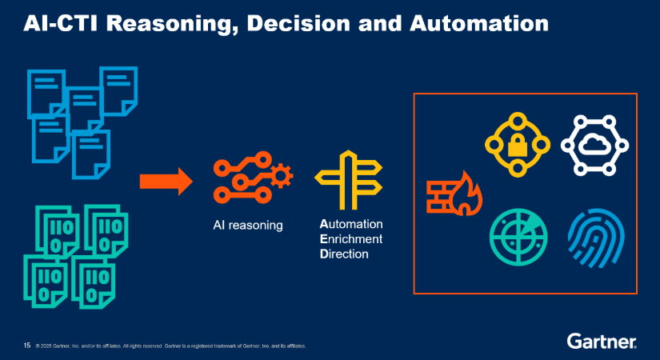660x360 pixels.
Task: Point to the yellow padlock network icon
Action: pyautogui.click(x=518, y=145)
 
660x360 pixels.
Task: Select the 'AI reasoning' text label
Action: pyautogui.click(x=248, y=226)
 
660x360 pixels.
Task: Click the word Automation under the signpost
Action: pyautogui.click(x=351, y=224)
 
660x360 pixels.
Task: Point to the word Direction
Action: pyautogui.click(x=346, y=254)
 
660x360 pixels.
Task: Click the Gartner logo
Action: pyautogui.click(x=602, y=342)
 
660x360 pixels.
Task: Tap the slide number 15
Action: pyautogui.click(x=26, y=346)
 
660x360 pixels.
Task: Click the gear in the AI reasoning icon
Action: pyautogui.click(x=282, y=173)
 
